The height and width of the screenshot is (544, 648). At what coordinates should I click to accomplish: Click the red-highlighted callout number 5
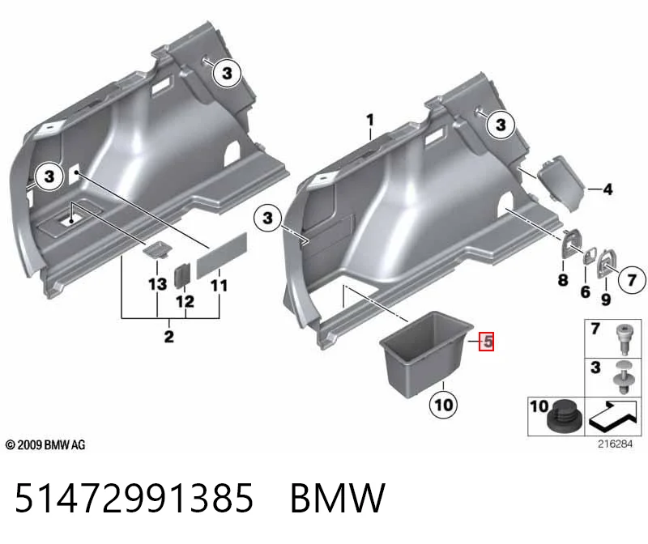tap(487, 342)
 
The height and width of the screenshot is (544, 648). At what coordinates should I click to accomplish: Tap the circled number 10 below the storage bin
tap(443, 405)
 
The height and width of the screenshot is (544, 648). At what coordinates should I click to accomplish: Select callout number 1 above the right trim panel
tap(370, 120)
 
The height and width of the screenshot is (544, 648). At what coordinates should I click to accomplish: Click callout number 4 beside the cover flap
tap(607, 189)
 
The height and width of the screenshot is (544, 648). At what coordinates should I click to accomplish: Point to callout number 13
tap(157, 284)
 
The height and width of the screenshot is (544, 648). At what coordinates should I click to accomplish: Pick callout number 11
tap(219, 286)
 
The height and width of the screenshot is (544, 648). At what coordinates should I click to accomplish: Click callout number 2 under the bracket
tap(169, 337)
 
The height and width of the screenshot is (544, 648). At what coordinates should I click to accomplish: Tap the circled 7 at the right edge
tap(631, 279)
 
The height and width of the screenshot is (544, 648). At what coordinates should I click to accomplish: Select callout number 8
tap(563, 280)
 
